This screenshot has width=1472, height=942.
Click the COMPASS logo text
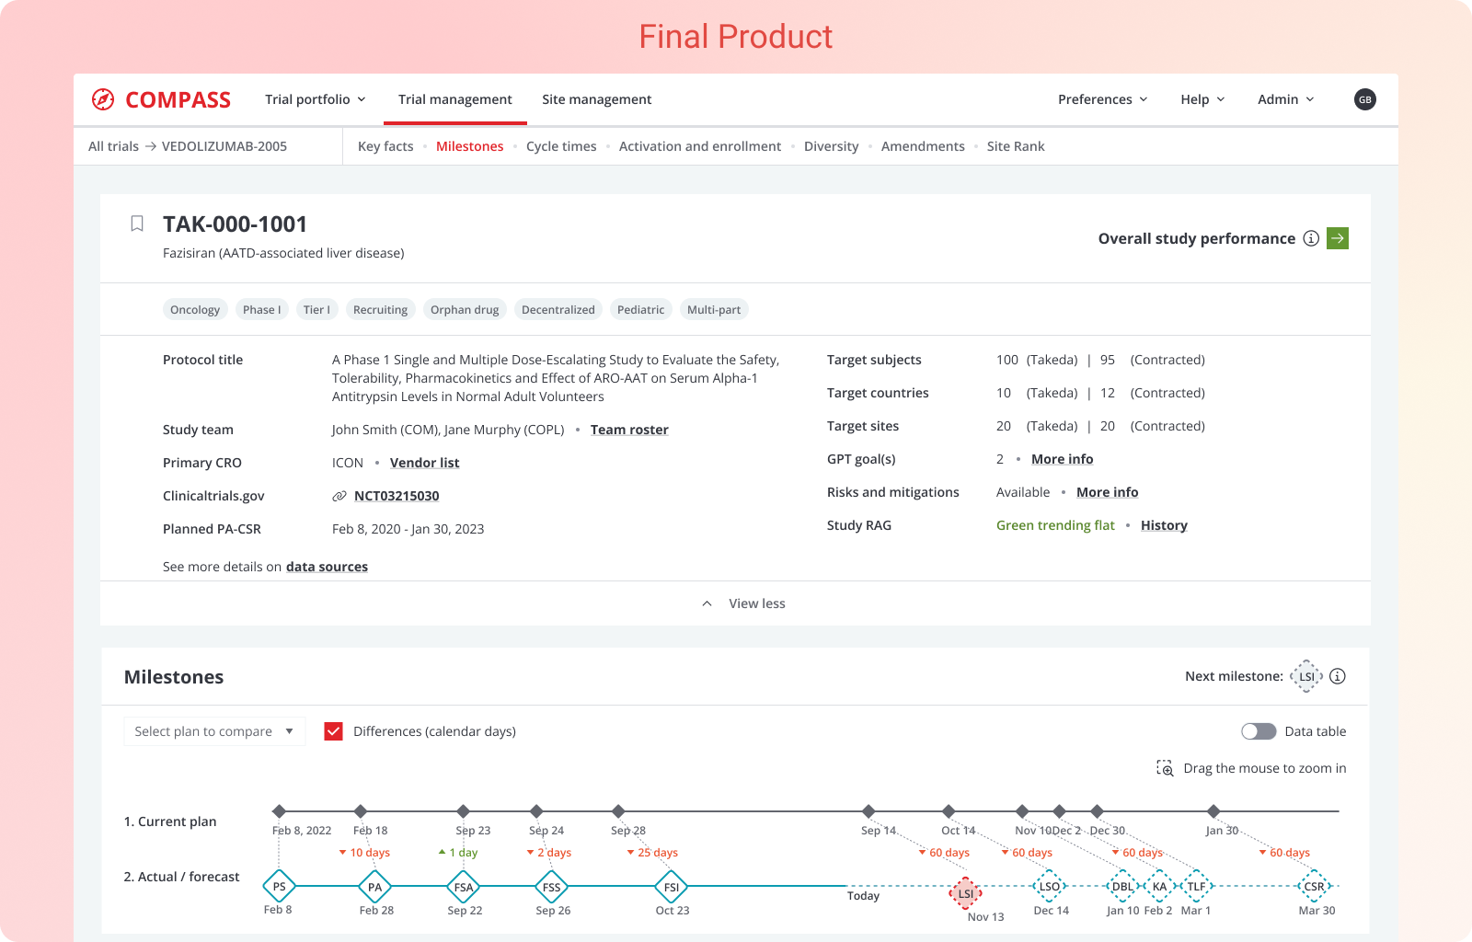[178, 100]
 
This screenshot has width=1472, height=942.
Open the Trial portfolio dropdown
[315, 99]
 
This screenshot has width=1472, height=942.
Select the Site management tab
[596, 99]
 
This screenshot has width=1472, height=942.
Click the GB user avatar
[1364, 99]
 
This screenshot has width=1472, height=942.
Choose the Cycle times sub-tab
[561, 146]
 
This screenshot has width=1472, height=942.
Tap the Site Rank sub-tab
[1015, 146]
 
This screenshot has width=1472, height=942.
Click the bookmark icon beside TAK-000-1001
[137, 224]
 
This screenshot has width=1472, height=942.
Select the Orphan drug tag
[465, 310]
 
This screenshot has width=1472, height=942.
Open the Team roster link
[629, 430]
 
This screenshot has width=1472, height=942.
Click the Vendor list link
[424, 463]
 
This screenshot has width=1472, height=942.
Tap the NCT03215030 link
[397, 496]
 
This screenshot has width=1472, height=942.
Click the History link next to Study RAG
[1164, 525]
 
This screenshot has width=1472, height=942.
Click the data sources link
[327, 567]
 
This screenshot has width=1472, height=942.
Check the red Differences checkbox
[334, 731]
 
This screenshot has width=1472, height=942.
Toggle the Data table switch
[1259, 731]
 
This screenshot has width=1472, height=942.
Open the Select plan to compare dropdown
[213, 731]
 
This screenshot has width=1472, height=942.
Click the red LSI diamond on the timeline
[965, 892]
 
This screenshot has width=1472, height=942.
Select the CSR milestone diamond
[1314, 887]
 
